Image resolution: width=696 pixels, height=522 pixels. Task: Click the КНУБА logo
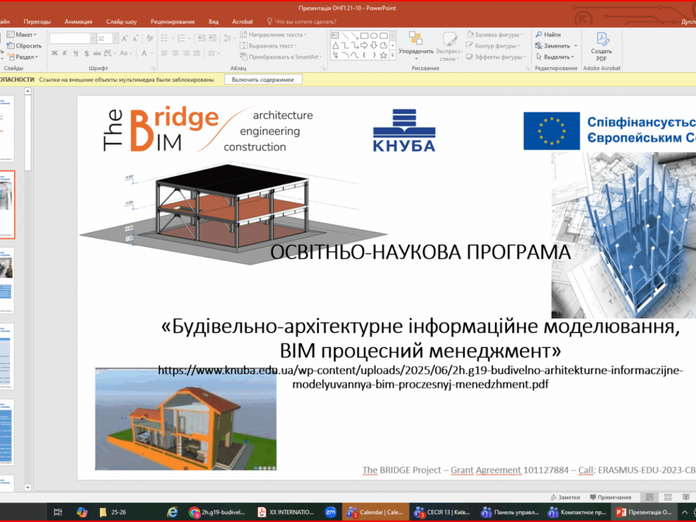[x=404, y=130]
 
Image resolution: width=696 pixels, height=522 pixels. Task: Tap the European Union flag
[x=552, y=130]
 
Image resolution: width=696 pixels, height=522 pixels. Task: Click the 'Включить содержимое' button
[x=263, y=79]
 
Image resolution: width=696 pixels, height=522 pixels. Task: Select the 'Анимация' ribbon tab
[x=78, y=21]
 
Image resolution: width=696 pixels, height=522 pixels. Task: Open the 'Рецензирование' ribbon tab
[x=173, y=21]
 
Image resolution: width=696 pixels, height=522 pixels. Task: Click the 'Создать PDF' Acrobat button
[x=601, y=46]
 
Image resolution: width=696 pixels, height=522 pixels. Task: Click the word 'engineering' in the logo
[x=270, y=131]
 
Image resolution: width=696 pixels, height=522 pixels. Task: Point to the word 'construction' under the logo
[x=255, y=147]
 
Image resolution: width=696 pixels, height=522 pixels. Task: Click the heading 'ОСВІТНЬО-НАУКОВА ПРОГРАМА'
[x=421, y=252]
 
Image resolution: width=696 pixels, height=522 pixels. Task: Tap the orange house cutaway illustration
[x=186, y=419]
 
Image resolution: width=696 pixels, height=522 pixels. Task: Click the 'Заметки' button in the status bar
[x=565, y=497]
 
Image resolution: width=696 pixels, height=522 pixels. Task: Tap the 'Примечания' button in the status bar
[x=611, y=497]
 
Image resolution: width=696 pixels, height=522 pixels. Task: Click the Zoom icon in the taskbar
[x=331, y=512]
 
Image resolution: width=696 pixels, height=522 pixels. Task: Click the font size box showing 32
[x=104, y=38]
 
